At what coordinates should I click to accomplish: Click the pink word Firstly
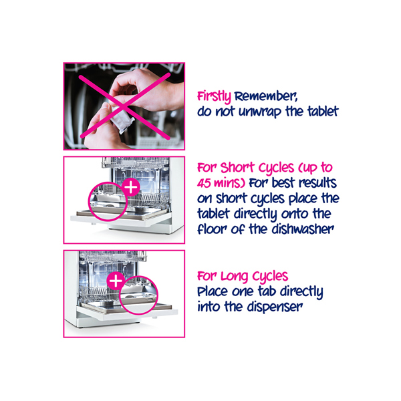click(214, 97)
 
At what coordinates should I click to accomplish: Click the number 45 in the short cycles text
click(204, 183)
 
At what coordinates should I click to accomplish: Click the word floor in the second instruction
click(213, 229)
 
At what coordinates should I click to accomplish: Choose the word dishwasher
click(303, 229)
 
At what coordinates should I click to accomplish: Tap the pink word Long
click(235, 277)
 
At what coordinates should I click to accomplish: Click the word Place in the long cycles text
click(213, 291)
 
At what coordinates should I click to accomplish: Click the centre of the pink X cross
click(124, 106)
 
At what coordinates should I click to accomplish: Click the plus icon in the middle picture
click(131, 187)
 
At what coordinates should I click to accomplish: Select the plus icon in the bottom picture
click(116, 281)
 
